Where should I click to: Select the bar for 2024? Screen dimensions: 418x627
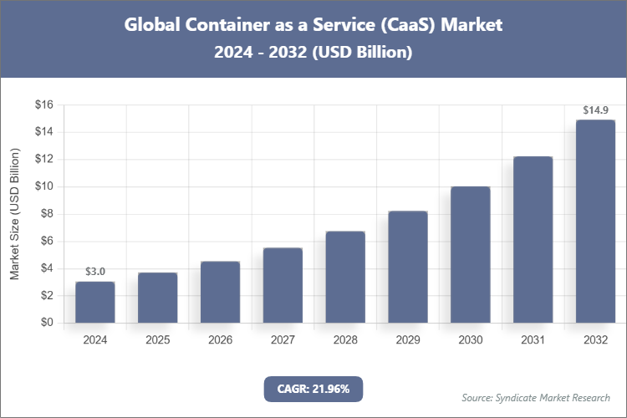94,302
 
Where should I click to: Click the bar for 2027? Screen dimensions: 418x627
283,285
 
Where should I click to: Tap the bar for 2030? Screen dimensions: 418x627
471,254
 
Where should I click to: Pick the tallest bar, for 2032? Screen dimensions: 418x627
595,222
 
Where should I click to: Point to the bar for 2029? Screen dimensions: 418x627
408,267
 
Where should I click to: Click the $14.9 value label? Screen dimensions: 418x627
595,110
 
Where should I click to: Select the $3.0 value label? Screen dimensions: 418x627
95,272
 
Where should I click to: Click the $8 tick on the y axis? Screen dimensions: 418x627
46,214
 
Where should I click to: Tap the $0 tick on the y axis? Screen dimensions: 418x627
46,323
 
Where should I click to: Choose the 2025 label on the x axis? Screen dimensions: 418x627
157,340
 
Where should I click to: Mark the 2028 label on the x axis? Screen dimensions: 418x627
345,340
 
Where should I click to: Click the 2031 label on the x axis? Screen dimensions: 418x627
533,340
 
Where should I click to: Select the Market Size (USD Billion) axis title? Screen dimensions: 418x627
14,214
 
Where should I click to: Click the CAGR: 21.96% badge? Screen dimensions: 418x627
313,388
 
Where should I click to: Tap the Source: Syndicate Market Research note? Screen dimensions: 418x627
536,397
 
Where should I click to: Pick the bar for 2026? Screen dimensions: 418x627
220,292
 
